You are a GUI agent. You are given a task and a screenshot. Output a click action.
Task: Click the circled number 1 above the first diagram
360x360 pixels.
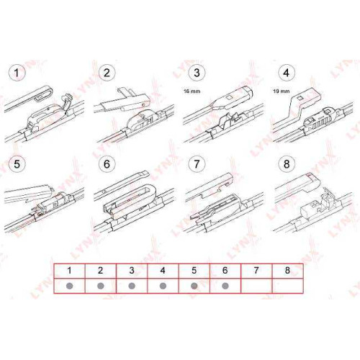[17, 73]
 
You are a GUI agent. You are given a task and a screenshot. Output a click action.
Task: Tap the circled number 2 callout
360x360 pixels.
[107, 73]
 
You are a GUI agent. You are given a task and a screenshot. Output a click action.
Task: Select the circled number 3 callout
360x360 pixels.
[197, 73]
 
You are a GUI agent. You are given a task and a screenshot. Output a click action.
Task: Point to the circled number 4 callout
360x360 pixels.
[287, 73]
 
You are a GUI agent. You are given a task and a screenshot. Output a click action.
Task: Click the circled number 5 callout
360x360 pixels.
[17, 164]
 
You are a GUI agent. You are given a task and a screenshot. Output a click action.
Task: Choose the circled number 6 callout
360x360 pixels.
[107, 164]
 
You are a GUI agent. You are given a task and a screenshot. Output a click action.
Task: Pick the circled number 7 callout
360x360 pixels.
[197, 164]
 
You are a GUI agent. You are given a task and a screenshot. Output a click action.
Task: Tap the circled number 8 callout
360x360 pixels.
[287, 164]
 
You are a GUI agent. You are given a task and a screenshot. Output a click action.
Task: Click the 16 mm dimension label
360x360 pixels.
[192, 91]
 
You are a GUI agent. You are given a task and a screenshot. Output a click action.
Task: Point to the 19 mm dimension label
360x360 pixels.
[282, 91]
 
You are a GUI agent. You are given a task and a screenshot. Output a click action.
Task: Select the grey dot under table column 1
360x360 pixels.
[69, 286]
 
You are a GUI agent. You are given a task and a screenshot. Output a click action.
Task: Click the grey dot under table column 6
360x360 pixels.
[225, 286]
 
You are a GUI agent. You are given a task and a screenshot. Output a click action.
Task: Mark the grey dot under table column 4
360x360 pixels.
[163, 286]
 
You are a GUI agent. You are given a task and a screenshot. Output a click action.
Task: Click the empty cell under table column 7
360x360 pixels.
[256, 286]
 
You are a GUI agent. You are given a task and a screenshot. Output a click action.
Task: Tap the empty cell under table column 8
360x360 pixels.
[288, 286]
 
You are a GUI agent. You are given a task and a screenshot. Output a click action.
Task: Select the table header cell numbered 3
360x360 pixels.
[132, 271]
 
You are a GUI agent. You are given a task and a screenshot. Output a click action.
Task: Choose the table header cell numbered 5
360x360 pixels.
[194, 271]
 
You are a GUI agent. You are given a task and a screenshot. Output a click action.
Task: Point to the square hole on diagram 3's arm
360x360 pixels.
[230, 98]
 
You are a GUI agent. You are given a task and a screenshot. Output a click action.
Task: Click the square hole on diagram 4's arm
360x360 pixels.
[300, 98]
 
